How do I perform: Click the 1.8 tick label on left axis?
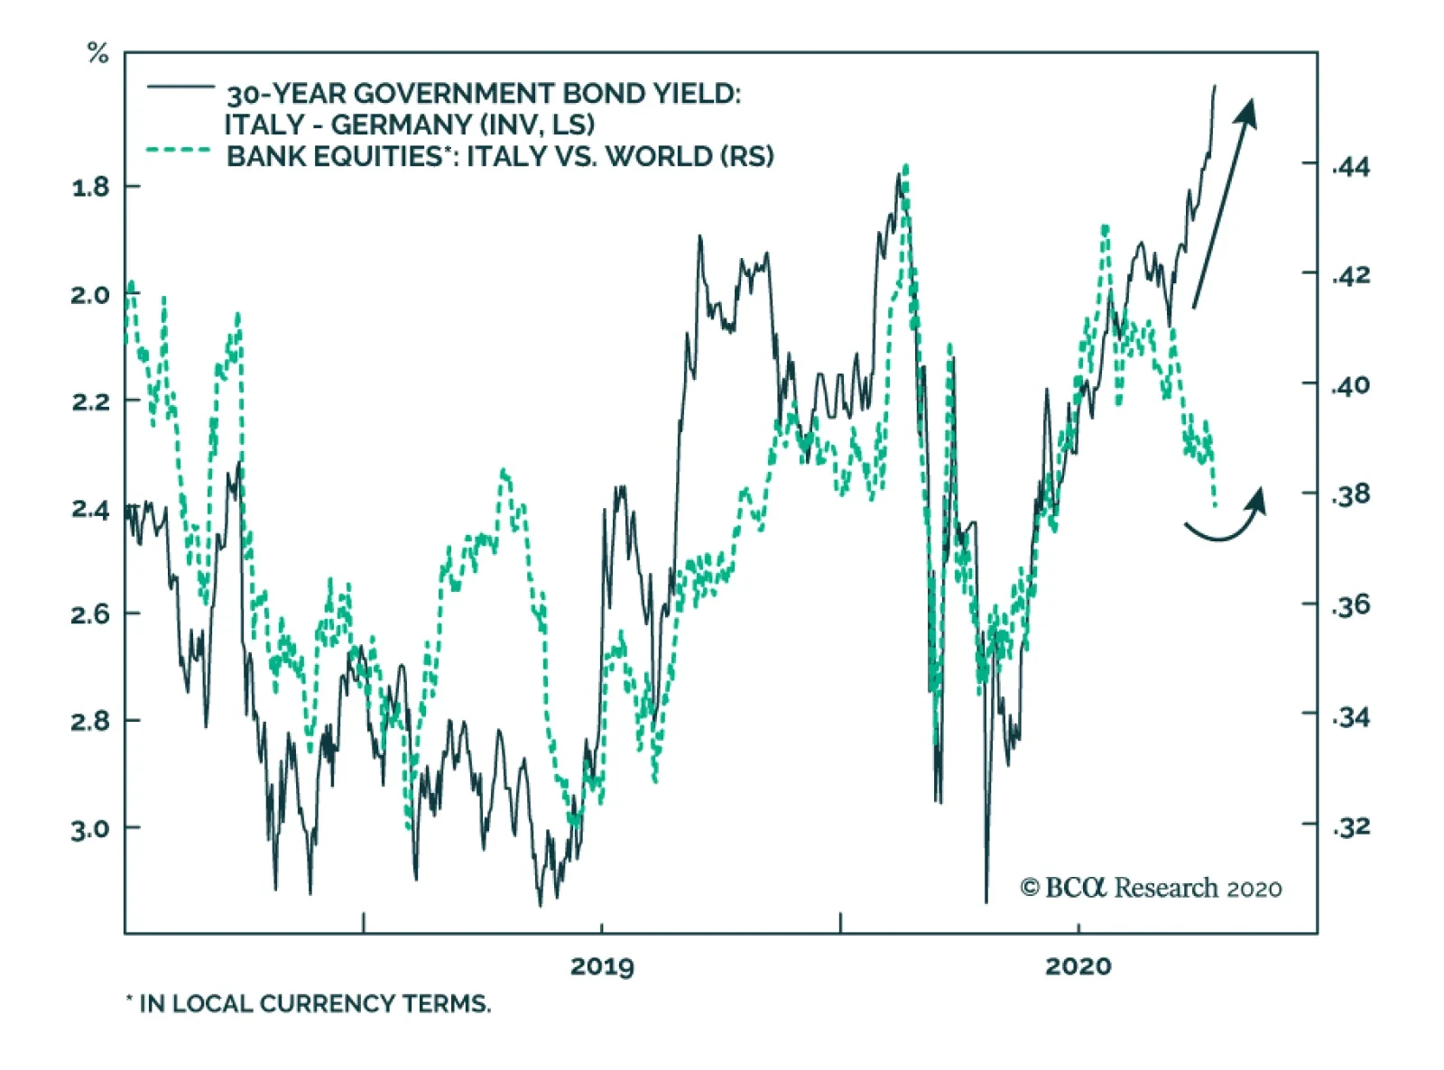[89, 188]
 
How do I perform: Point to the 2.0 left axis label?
[89, 295]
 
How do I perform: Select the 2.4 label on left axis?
[89, 509]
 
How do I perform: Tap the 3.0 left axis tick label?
[89, 828]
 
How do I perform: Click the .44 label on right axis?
[1351, 167]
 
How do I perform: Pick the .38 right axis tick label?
[1351, 494]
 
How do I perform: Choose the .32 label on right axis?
[1351, 826]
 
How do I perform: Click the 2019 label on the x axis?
[602, 966]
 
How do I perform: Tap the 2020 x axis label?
[1078, 966]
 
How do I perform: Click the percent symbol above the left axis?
[97, 54]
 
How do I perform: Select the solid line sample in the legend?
[180, 87]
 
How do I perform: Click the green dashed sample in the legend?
[179, 150]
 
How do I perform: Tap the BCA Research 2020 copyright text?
[1151, 889]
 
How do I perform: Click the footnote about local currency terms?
[309, 1003]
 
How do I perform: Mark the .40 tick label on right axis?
[1351, 385]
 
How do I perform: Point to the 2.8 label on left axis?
[89, 721]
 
